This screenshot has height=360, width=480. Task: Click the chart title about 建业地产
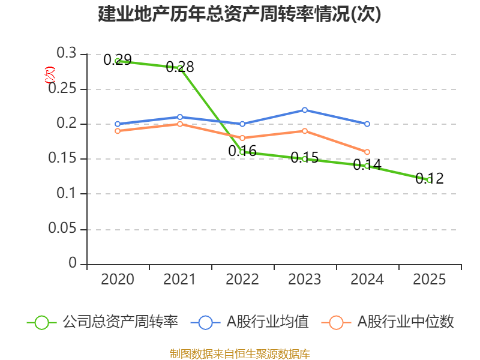coord(239,15)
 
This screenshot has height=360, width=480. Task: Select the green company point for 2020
coord(118,61)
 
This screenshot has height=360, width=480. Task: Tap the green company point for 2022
coord(242,152)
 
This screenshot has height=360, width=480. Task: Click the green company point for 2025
coord(429,180)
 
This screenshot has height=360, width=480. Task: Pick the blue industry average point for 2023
coord(305,110)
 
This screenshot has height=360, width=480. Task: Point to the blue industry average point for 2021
coord(180,117)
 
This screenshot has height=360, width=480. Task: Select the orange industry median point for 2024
coord(367,152)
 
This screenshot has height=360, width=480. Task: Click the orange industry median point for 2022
coord(242,138)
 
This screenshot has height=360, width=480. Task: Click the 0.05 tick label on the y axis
coord(62,229)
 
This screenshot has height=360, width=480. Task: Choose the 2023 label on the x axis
coord(305,280)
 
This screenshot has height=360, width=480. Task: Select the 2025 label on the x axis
coord(429,280)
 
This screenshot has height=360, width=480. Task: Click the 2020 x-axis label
coord(118,280)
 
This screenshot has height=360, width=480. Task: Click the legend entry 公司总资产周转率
coord(120,322)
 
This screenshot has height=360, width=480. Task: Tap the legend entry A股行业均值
coord(267,322)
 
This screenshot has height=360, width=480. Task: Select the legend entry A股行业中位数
coord(406,322)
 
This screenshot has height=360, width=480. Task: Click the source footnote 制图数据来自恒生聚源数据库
coord(240,353)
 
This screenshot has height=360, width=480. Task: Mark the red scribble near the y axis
coord(50,75)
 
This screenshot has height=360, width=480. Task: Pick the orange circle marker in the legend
coord(336,322)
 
